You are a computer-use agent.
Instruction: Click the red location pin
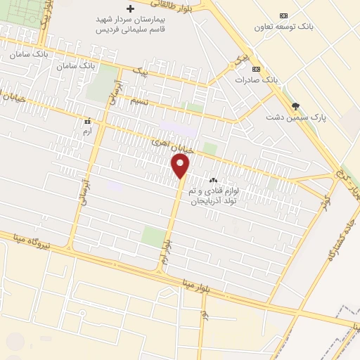[x=181, y=166]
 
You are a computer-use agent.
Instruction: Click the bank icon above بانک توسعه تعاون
[x=283, y=15]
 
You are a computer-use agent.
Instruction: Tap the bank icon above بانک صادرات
[x=256, y=70]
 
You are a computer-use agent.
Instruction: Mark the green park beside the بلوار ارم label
[x=152, y=237]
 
